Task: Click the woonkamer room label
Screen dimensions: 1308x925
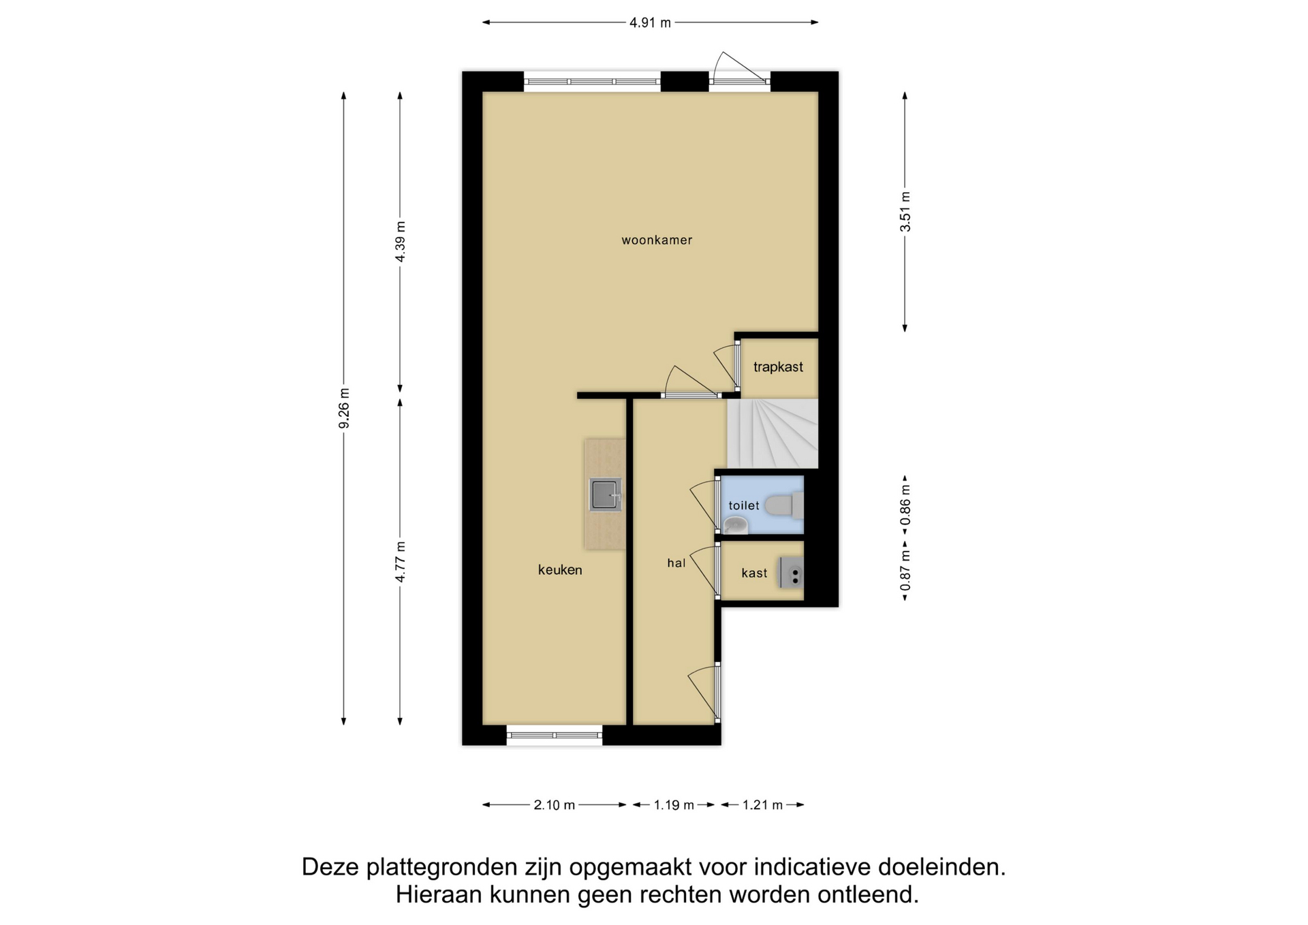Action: (657, 240)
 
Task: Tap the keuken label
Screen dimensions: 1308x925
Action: (560, 570)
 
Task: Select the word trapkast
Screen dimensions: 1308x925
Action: (778, 367)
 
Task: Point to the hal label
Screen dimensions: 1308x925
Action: (676, 563)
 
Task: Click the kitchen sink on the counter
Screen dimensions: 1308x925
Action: (606, 495)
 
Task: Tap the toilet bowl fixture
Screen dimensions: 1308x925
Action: (784, 505)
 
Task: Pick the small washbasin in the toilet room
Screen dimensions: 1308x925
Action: (735, 525)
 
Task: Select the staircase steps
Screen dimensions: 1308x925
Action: (773, 434)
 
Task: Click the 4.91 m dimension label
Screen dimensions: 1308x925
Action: (650, 22)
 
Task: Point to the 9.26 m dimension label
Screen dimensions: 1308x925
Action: (344, 409)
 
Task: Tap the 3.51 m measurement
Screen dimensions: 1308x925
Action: (905, 211)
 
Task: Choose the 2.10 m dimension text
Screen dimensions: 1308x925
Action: (554, 805)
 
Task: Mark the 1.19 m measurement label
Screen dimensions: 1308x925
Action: (674, 805)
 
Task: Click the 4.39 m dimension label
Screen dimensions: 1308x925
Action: (401, 242)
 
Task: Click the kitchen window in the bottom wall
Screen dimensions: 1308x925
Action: (555, 735)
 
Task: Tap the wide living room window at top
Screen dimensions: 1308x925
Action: (592, 82)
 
